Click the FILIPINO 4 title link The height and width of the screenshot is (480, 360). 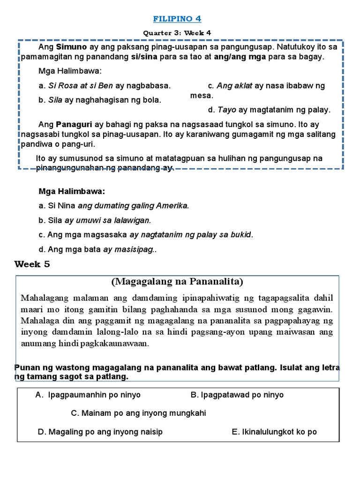pos(178,19)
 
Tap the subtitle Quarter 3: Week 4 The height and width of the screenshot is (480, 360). pos(178,33)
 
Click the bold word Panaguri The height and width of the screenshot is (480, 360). pos(75,125)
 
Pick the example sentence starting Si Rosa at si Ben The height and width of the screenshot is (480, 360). pos(105,86)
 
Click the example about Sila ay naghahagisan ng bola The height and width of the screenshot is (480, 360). pos(100,100)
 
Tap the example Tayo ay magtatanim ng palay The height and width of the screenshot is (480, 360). pos(269,110)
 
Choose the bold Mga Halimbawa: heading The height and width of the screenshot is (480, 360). pos(72,192)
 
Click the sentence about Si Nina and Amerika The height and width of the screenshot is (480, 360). pos(114,205)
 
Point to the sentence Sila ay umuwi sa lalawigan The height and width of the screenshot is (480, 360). pos(95,220)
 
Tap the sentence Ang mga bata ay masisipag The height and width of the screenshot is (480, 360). pos(97,249)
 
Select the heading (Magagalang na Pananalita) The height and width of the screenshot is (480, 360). pos(177,281)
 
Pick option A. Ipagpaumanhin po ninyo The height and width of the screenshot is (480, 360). pos(88,395)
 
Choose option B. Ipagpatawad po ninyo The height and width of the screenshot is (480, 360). pos(237,395)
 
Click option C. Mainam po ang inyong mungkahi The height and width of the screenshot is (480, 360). pos(138,413)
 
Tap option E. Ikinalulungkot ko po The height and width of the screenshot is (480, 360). pos(274,432)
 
